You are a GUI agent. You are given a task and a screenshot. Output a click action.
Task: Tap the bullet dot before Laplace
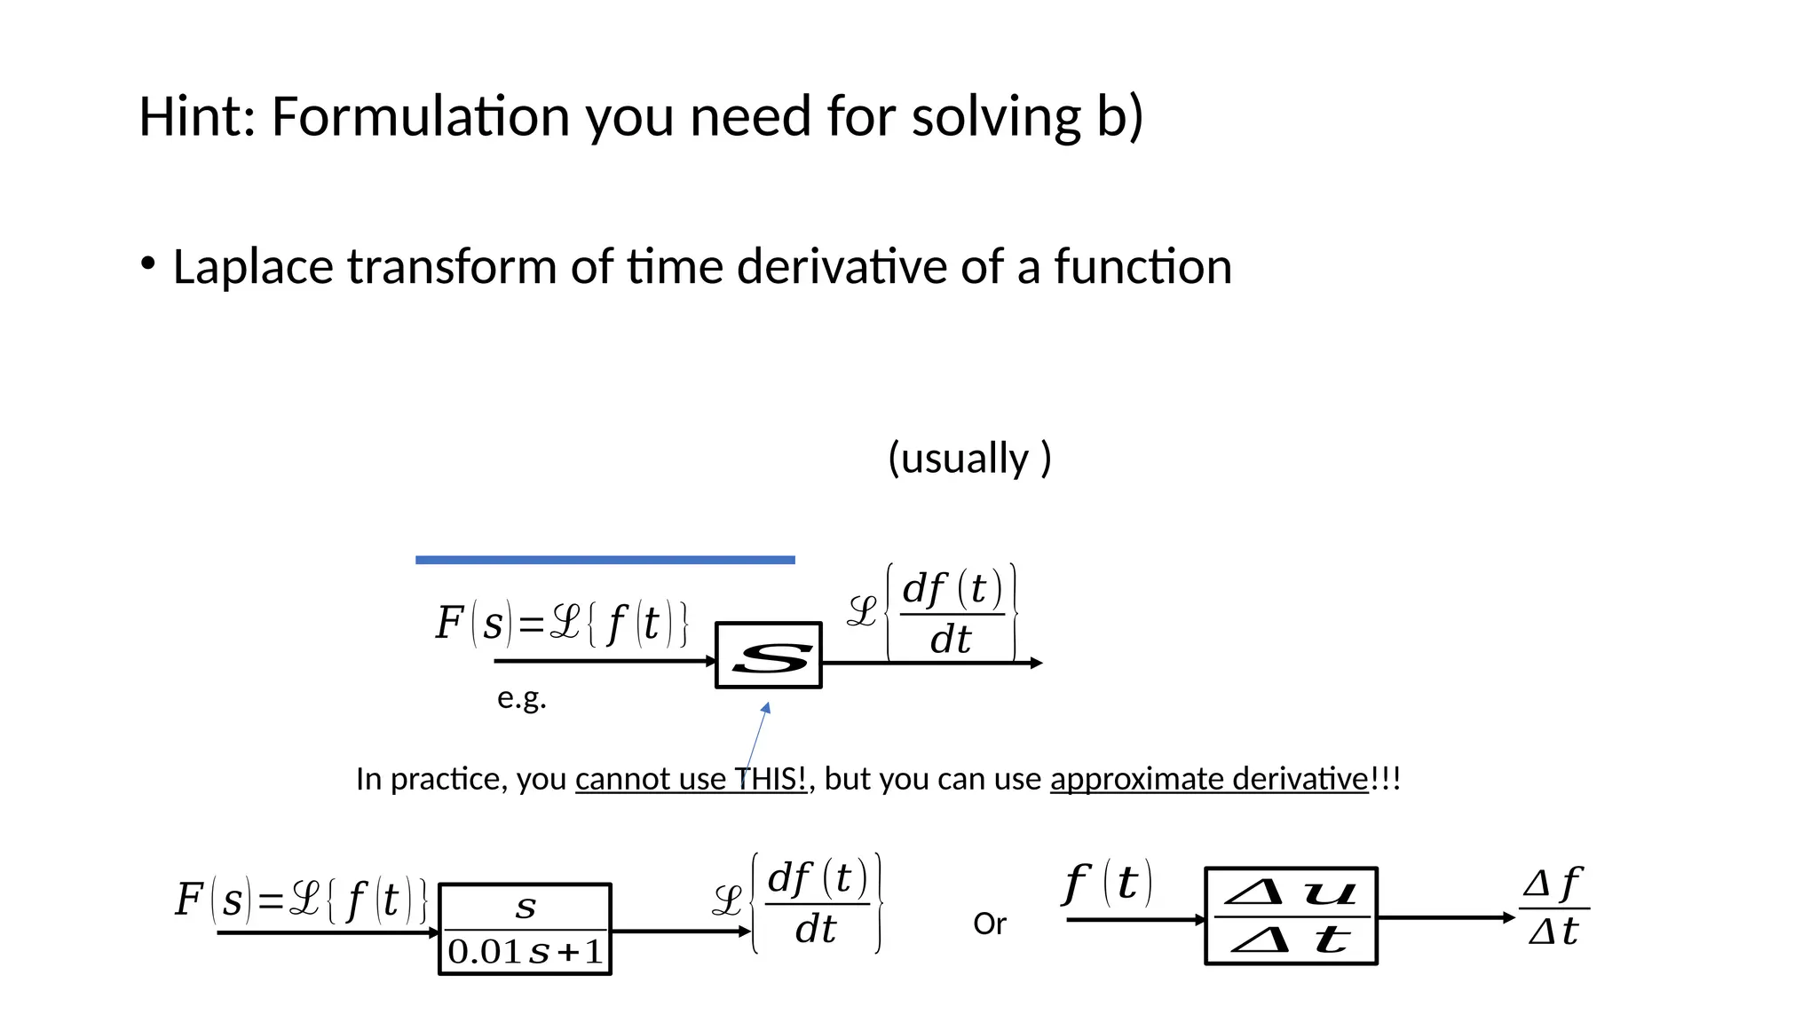click(x=148, y=263)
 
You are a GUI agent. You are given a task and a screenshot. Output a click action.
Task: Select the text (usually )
click(x=969, y=459)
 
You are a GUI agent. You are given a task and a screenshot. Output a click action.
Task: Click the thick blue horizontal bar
click(x=605, y=560)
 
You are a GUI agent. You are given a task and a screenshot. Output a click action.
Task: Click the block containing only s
click(x=769, y=656)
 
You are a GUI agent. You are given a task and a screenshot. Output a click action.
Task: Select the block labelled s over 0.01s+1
click(x=526, y=929)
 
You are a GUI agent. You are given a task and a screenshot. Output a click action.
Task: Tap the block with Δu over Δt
click(x=1291, y=916)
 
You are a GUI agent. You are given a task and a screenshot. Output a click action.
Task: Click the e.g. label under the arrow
click(x=521, y=698)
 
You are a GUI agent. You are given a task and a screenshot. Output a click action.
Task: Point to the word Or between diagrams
click(x=990, y=924)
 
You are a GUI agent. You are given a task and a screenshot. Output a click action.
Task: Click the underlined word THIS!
click(x=771, y=779)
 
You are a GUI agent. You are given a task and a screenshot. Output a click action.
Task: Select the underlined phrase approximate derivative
click(x=1209, y=779)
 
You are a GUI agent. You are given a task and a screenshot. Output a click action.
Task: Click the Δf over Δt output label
click(x=1553, y=907)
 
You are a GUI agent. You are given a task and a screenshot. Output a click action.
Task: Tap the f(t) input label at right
click(x=1108, y=884)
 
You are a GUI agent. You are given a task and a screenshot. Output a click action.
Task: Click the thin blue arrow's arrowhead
click(x=766, y=708)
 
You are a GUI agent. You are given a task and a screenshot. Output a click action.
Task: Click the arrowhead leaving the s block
click(x=1036, y=663)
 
